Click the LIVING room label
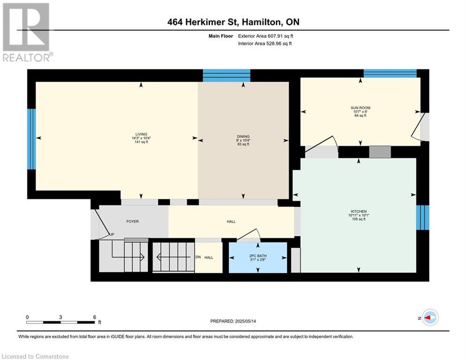(141, 134)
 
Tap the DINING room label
(243, 136)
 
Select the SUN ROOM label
(360, 108)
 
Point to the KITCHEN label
(359, 211)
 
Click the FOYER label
(133, 221)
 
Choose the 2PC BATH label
(258, 256)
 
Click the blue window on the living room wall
(31, 139)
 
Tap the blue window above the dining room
(227, 75)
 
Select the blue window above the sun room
(390, 74)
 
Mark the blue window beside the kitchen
(422, 217)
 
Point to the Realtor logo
(27, 32)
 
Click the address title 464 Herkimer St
(204, 22)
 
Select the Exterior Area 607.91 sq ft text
(266, 36)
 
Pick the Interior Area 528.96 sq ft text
(265, 44)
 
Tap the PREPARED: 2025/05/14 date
(233, 321)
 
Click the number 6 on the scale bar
(95, 317)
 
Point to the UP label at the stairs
(112, 234)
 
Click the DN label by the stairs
(198, 257)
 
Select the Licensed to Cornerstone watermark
(35, 356)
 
